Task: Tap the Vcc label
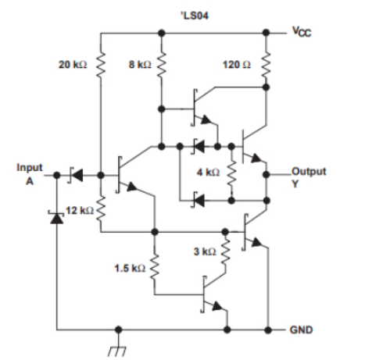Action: point(301,34)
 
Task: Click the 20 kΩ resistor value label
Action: point(73,64)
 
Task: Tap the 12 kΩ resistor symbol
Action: point(101,211)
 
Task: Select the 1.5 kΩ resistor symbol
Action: point(155,267)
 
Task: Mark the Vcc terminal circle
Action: point(267,34)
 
